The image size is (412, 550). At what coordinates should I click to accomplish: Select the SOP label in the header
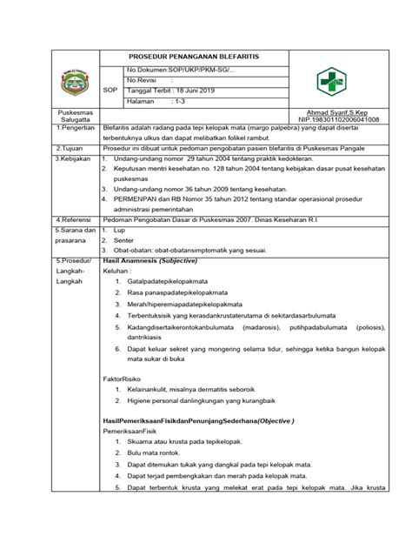pyautogui.click(x=110, y=90)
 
